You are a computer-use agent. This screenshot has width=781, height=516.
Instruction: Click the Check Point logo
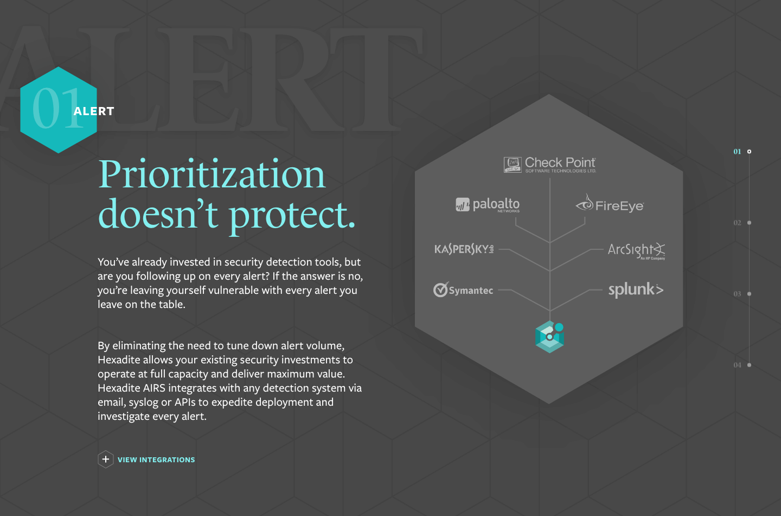coord(550,165)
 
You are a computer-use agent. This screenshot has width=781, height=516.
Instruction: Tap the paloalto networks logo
coord(488,205)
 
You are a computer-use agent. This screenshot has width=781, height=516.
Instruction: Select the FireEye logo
coord(610,204)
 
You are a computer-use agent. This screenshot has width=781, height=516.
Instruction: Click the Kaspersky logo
coord(464,249)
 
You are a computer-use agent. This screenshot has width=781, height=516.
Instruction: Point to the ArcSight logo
coord(637,251)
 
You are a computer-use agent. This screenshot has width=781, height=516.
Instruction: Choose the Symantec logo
coord(463,290)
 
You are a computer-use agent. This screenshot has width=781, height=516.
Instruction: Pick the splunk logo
coord(636,290)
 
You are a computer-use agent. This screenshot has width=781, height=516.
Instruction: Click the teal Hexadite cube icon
coord(549,337)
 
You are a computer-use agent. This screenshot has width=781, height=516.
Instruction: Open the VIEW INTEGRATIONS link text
coord(156,460)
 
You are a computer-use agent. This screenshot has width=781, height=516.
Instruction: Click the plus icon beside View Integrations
coord(106,459)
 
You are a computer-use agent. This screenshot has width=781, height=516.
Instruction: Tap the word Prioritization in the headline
coord(212,174)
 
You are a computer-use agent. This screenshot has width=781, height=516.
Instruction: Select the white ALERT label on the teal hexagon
coord(94,111)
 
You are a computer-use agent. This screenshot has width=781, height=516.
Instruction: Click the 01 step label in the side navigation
coord(737,152)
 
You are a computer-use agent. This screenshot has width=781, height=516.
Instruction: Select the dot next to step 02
coord(750,223)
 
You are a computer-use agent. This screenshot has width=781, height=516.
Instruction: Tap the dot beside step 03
coord(750,294)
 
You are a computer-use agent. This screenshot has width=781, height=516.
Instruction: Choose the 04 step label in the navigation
coord(737,365)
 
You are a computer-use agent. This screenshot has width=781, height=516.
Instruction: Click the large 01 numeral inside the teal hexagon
coord(57,108)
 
